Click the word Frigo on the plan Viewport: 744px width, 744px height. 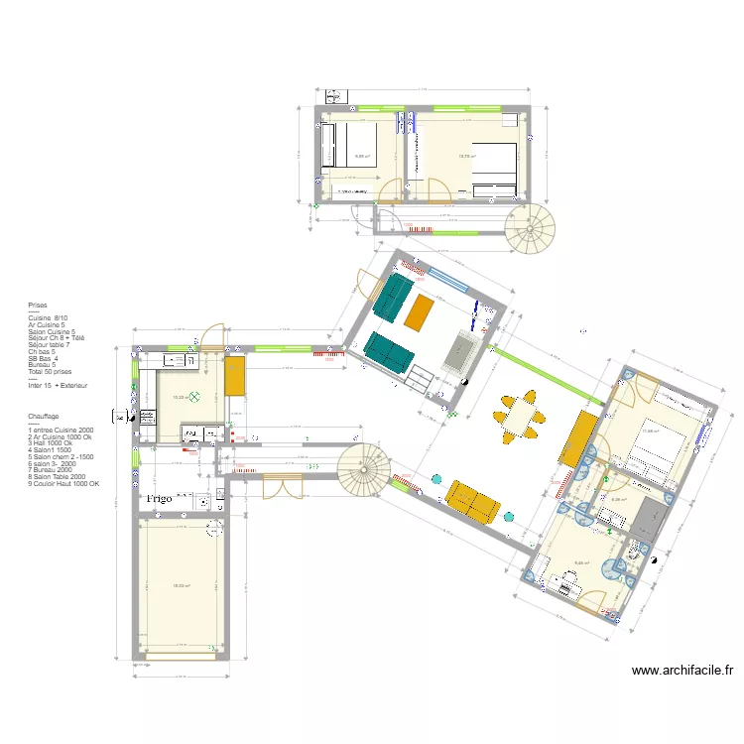click(x=160, y=498)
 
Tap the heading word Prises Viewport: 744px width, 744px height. click(x=39, y=307)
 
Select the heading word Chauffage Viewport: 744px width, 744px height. click(x=44, y=417)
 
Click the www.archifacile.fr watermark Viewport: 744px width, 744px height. click(x=682, y=672)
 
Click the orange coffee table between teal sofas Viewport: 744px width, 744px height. click(x=420, y=313)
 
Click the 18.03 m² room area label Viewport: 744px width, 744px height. click(x=181, y=586)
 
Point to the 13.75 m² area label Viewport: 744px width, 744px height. click(x=467, y=157)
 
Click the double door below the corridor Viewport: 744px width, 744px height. click(x=280, y=486)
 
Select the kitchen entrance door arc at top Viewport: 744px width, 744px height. click(x=211, y=335)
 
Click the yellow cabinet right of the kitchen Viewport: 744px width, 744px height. click(x=235, y=378)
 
